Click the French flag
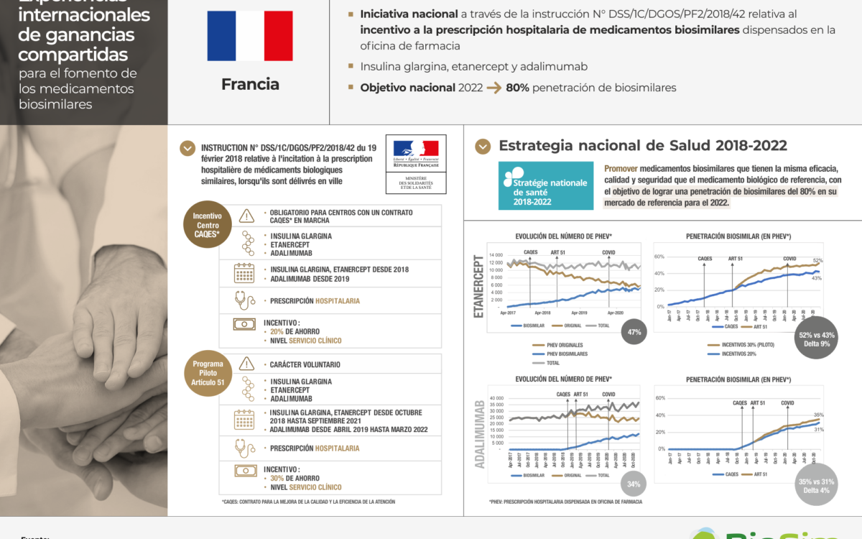tap(249, 36)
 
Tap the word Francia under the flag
tap(250, 84)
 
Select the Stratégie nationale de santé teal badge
tap(546, 185)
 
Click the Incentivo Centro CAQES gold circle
tap(208, 224)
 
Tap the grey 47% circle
tap(634, 332)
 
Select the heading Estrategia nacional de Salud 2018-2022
tap(643, 146)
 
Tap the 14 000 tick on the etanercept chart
tap(495, 255)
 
